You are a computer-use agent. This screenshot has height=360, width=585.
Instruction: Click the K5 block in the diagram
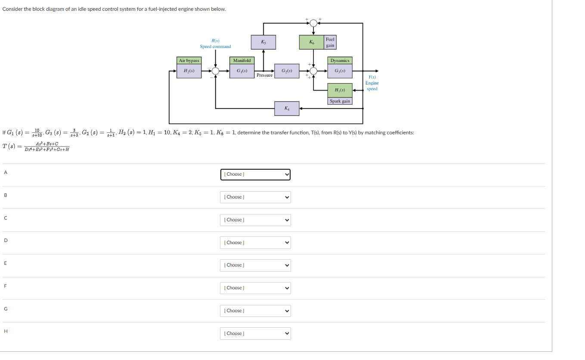[263, 42]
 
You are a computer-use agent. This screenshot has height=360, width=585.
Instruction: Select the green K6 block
[312, 42]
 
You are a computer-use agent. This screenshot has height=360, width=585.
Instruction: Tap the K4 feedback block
[287, 108]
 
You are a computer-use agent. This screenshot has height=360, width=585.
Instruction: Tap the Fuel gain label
[330, 42]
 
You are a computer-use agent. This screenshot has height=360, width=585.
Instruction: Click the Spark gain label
[340, 101]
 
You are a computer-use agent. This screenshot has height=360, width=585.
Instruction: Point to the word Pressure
[264, 75]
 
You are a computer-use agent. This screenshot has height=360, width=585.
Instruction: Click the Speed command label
[215, 47]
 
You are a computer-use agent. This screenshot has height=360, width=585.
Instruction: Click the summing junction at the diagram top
[313, 23]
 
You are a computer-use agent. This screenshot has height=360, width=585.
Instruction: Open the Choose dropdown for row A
[255, 174]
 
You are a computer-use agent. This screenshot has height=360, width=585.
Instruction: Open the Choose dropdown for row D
[255, 243]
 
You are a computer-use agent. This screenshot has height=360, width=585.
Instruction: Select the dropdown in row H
[255, 334]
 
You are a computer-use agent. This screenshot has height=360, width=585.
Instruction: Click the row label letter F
[6, 286]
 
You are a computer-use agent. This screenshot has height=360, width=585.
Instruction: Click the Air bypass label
[189, 61]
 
